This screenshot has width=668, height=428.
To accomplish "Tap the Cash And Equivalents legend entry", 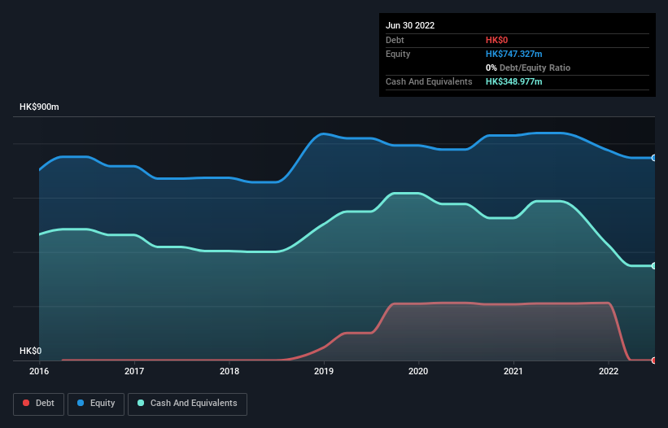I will click(187, 404).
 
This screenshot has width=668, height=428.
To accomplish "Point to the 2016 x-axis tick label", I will click(39, 371).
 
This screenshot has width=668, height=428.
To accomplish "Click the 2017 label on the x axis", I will click(134, 371).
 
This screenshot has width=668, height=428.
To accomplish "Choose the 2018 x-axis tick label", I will click(229, 371).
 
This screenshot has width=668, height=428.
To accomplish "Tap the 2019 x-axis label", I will click(324, 371).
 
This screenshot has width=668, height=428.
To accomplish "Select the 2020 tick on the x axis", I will click(419, 371).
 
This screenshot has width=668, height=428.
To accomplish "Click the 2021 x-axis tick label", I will click(514, 371).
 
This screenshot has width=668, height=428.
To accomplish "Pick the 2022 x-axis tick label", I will click(609, 371).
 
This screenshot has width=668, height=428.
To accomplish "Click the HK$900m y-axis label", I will click(40, 107).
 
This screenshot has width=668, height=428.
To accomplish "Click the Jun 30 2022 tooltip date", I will click(410, 25).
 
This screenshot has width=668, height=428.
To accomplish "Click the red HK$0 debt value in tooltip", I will click(498, 40).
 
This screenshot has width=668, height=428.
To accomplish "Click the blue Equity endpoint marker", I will click(653, 158).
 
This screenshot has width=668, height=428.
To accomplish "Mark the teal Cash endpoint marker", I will click(653, 266).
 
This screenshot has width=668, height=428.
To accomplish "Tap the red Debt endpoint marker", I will click(653, 360).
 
